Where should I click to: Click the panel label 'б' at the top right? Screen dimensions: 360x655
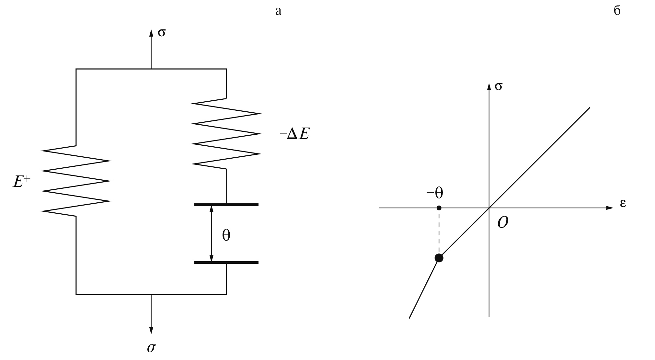pyautogui.click(x=617, y=11)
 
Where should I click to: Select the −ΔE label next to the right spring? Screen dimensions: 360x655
pyautogui.click(x=294, y=134)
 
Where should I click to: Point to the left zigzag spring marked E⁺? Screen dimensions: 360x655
pyautogui.click(x=76, y=181)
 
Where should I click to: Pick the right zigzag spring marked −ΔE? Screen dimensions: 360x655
pyautogui.click(x=226, y=133)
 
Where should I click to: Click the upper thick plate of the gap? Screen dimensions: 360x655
pyautogui.click(x=226, y=205)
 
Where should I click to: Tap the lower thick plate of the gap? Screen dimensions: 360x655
pyautogui.click(x=226, y=262)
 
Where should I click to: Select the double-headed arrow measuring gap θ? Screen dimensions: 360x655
pyautogui.click(x=212, y=233)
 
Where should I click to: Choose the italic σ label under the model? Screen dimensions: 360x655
pyautogui.click(x=151, y=348)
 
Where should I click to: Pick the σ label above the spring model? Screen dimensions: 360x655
pyautogui.click(x=161, y=32)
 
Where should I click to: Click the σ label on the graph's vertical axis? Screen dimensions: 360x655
pyautogui.click(x=499, y=86)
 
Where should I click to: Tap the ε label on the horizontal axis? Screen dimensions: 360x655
pyautogui.click(x=623, y=204)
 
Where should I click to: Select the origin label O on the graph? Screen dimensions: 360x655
pyautogui.click(x=502, y=222)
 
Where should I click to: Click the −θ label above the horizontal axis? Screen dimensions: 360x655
pyautogui.click(x=435, y=193)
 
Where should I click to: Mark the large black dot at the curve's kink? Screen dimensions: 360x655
pyautogui.click(x=439, y=258)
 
